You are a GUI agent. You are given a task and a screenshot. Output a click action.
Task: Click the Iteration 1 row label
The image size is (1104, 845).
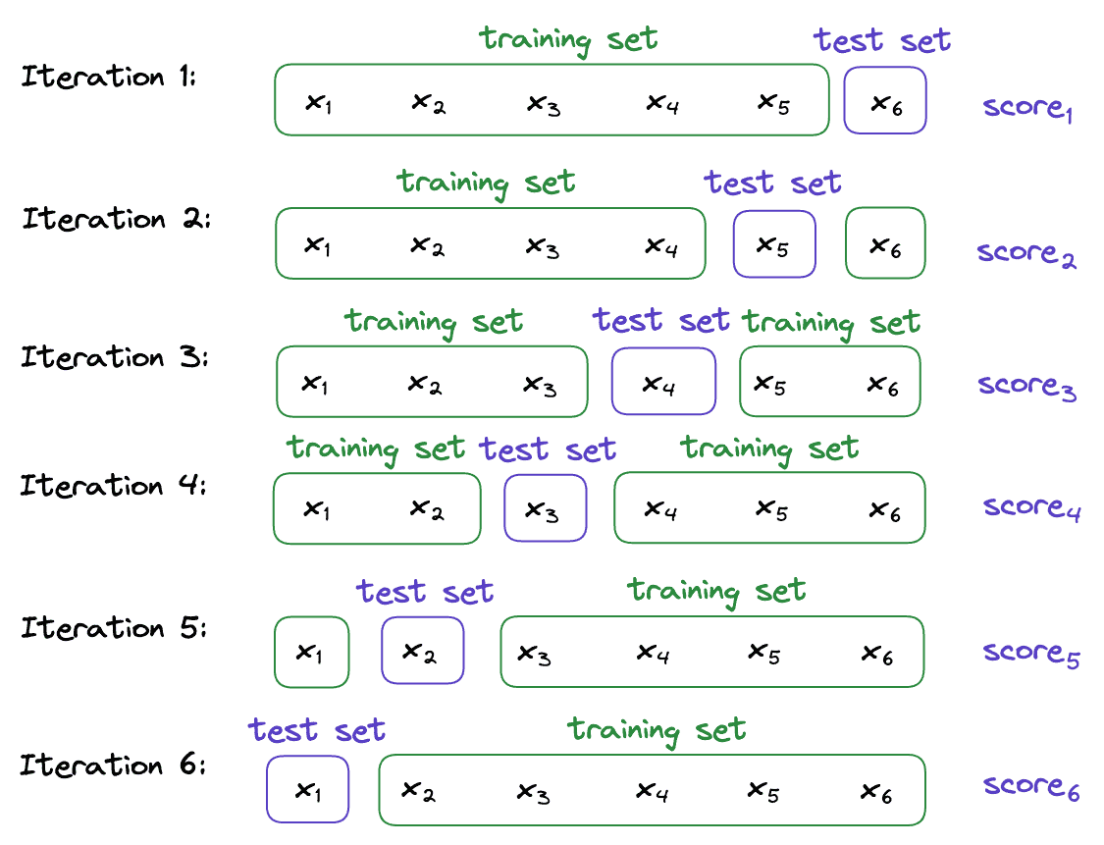point(109,77)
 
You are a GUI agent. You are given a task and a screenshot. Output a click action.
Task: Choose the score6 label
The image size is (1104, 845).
point(1031,787)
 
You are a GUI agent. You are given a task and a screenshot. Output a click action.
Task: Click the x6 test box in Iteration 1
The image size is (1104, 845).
point(885,100)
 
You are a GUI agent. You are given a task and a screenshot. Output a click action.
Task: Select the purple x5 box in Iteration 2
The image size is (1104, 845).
point(774,244)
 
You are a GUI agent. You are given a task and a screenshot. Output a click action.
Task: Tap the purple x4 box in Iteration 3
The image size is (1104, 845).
point(663,382)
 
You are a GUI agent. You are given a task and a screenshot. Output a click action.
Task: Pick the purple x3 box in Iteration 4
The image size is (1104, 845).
point(546,508)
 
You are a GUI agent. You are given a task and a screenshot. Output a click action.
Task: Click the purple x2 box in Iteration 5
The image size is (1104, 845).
point(422,651)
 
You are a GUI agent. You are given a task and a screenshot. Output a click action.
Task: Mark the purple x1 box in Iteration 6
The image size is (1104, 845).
point(308,789)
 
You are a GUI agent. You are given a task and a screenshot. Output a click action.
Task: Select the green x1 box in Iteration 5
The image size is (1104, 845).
point(311,652)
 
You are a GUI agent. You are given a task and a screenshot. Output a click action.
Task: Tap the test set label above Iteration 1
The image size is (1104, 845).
point(882,41)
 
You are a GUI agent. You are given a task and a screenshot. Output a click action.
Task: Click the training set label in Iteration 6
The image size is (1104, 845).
point(657,730)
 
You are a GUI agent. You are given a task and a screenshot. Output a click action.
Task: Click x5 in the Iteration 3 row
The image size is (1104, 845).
point(770,385)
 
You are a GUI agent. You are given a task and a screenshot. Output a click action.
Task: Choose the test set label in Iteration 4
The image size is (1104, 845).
point(548,449)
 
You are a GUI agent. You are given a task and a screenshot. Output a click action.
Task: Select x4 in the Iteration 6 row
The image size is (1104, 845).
point(653,790)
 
